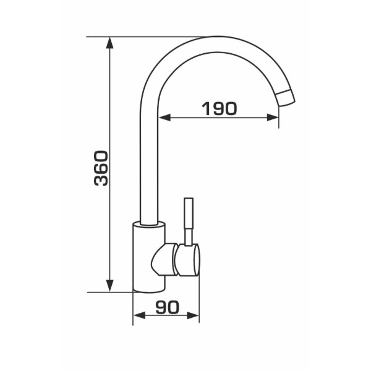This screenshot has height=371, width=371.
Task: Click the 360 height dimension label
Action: [x=101, y=168]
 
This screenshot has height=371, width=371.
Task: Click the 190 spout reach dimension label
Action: [x=219, y=109]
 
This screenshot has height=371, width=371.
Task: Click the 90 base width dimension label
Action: [x=168, y=307]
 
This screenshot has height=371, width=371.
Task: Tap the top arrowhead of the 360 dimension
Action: [x=109, y=43]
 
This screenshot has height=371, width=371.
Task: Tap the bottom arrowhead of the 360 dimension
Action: [x=109, y=286]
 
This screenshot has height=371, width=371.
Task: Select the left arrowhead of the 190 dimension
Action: [x=164, y=117]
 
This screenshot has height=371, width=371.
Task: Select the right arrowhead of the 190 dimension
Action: [x=272, y=117]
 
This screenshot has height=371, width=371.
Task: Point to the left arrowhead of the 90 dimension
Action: [x=139, y=315]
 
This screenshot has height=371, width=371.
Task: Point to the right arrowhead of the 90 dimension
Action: [x=193, y=315]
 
